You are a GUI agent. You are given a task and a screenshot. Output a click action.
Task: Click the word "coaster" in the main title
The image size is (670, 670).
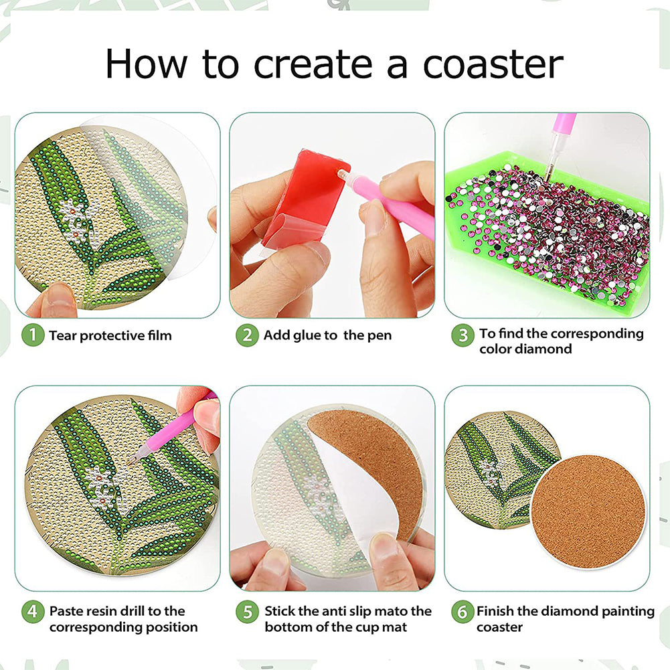click(x=493, y=65)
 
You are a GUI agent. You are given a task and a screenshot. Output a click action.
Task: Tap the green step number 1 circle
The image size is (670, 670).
click(x=33, y=335)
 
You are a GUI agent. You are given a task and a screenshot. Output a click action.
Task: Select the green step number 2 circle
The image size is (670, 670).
click(x=247, y=335)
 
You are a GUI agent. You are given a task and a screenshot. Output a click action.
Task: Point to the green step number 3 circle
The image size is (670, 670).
click(x=463, y=335)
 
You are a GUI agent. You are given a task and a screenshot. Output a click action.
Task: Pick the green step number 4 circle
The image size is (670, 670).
click(x=33, y=612)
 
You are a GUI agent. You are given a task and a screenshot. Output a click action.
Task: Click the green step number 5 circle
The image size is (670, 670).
click(x=247, y=612)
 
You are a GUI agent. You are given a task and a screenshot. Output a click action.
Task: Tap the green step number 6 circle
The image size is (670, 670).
click(x=463, y=612)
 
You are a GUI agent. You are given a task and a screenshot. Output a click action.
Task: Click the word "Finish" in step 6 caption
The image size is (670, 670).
click(x=495, y=611)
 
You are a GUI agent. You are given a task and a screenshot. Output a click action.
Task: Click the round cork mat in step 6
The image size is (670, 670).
click(x=588, y=512)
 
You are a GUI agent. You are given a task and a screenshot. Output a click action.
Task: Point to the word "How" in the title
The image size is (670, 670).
click(x=146, y=64)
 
